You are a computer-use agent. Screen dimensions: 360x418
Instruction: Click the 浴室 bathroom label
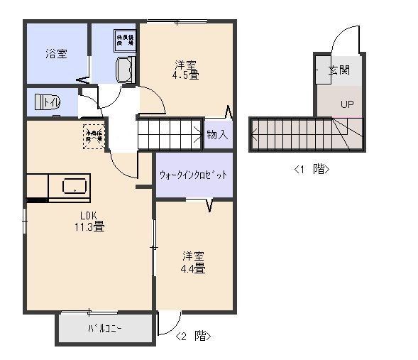coord(57,53)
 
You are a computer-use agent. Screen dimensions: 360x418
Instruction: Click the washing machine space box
coord(125,40)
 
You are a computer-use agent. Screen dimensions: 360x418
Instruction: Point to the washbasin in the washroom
coord(125,72)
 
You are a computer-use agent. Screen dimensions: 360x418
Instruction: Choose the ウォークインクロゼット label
coord(194,175)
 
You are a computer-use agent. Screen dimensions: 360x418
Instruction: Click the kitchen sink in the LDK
coord(74,187)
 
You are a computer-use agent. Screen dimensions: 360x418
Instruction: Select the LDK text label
coord(89,216)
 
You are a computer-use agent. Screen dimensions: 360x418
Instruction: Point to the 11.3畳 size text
coord(89,228)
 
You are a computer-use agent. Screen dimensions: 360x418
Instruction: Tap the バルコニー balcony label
coord(105,329)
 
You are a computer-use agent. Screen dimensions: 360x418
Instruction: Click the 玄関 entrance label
coord(339,71)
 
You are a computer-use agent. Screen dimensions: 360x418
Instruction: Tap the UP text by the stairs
coord(346,104)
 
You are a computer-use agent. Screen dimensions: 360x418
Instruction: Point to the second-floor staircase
coord(170,134)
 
